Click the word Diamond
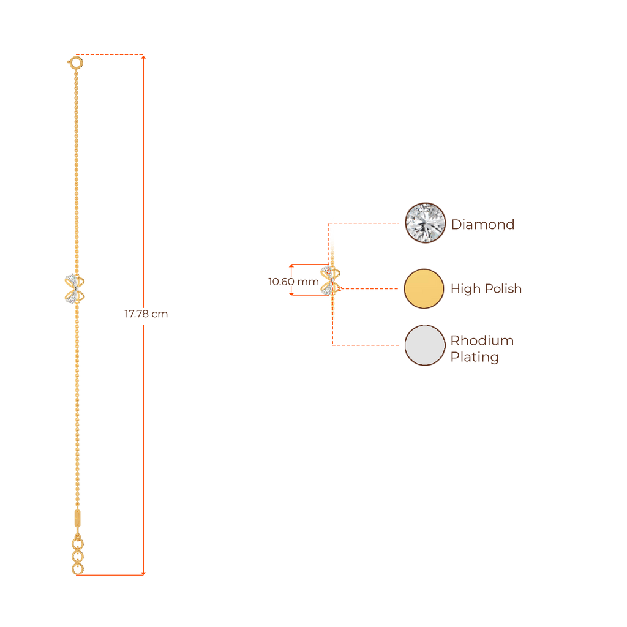click(x=482, y=224)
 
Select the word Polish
click(x=503, y=288)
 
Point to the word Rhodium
click(x=482, y=340)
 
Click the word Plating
click(x=475, y=357)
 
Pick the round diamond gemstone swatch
click(x=425, y=223)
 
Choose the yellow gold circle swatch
click(x=424, y=288)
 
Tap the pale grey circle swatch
click(x=425, y=345)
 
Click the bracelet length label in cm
click(x=146, y=314)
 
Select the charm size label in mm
click(x=293, y=282)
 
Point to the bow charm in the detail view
click(x=331, y=281)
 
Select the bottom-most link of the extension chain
click(x=77, y=569)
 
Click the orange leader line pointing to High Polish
click(x=367, y=288)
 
